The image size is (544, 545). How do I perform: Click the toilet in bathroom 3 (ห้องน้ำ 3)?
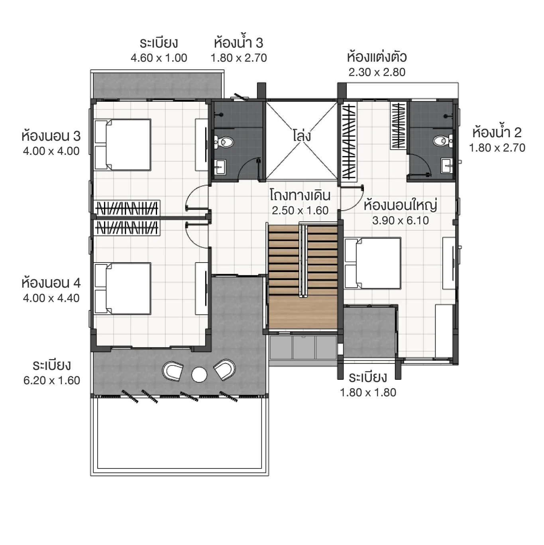[x=225, y=142]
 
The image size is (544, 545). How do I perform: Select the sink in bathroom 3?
[x=220, y=166]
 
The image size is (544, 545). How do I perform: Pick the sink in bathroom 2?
[x=447, y=165]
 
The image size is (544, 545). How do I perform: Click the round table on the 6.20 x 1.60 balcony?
[x=199, y=375]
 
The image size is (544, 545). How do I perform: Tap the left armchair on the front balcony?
[x=173, y=370]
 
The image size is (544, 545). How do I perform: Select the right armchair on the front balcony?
[x=225, y=369]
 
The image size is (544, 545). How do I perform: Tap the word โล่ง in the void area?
[x=302, y=136]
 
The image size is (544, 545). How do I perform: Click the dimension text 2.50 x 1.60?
[x=300, y=211]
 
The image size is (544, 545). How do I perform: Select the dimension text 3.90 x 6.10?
[x=401, y=221]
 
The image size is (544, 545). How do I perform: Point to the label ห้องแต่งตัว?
[x=377, y=57]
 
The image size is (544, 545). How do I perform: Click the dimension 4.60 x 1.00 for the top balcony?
[x=159, y=58]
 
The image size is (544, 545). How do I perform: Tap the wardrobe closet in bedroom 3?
[x=127, y=208]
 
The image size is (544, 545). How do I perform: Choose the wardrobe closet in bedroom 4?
[x=127, y=228]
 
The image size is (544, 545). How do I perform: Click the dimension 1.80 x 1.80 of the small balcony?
[x=368, y=393]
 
